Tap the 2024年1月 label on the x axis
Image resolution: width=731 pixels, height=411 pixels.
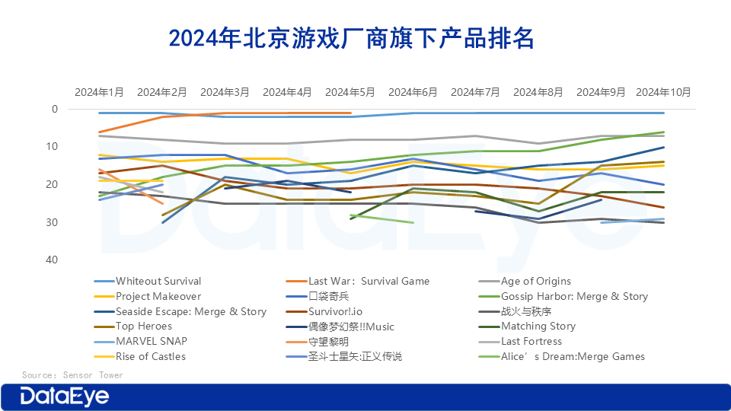pos(99,92)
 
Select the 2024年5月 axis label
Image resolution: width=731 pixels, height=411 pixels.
pos(350,92)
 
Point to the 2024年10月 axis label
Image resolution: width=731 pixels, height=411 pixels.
pos(664,92)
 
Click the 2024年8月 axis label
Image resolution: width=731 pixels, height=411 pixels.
pos(538,92)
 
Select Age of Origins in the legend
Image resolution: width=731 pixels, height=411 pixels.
pos(535,281)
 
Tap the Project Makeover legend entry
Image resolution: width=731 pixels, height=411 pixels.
pos(158,296)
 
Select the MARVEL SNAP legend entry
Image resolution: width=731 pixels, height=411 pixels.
pos(151,341)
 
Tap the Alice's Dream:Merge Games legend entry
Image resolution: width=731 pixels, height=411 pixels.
pos(572,356)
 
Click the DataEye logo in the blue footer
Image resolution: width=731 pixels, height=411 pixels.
pos(64,397)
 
